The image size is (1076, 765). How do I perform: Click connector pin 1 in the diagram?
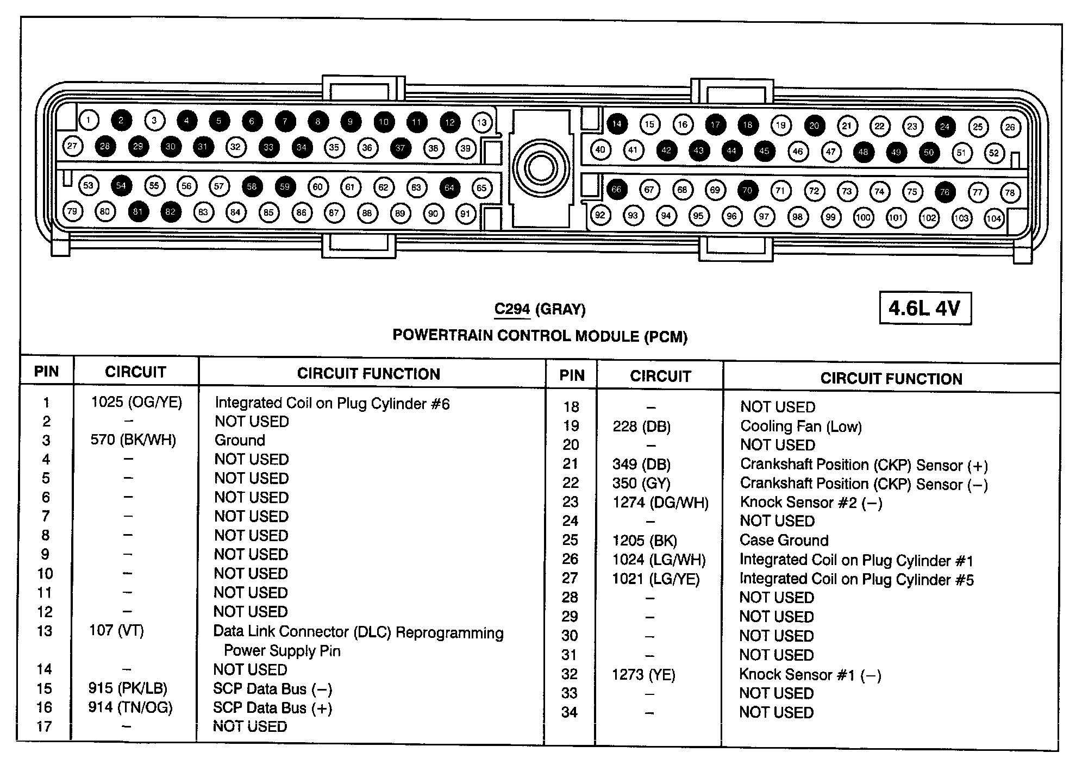(89, 120)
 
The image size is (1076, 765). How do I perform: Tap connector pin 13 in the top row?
(482, 122)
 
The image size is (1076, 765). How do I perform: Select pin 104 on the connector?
(994, 218)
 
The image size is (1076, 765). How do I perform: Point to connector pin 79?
(72, 211)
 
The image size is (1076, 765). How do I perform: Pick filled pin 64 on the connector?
(449, 187)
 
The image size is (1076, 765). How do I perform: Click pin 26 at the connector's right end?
(1010, 127)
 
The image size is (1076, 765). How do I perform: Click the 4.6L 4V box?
(925, 309)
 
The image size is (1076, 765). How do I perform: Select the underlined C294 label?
(511, 309)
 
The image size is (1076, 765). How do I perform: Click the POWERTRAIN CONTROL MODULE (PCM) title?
(540, 336)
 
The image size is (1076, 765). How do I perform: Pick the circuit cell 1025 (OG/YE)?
(136, 402)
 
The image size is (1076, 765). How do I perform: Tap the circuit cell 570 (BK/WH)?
(133, 440)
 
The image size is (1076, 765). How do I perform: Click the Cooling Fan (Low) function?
(800, 427)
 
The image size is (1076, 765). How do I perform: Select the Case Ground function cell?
(784, 540)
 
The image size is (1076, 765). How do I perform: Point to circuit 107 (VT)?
(116, 631)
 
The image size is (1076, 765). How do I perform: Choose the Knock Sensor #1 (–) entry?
(810, 675)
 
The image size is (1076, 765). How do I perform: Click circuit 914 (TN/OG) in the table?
(130, 707)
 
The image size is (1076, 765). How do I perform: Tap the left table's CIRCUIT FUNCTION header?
(368, 374)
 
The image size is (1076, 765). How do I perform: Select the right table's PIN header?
(572, 375)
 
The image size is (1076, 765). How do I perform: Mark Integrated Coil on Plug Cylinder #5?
(856, 579)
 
